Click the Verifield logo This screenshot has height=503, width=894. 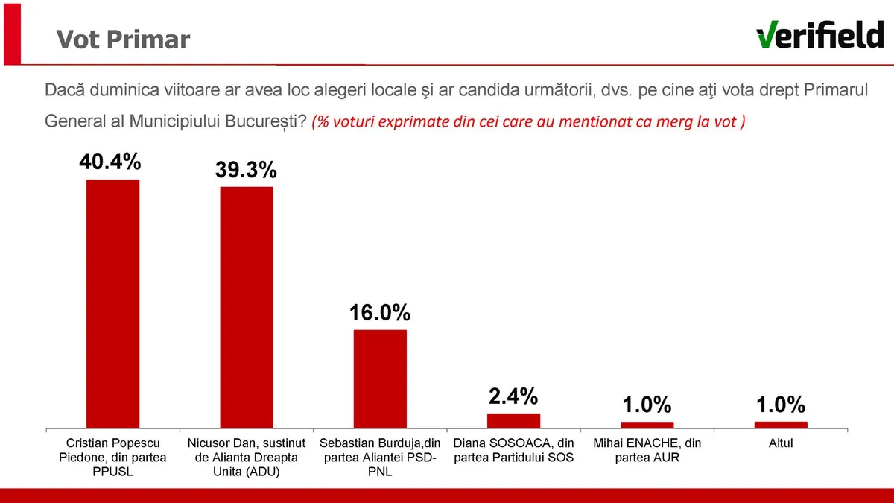click(819, 34)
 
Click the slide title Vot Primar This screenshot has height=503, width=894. click(124, 39)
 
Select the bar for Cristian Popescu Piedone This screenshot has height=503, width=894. click(112, 304)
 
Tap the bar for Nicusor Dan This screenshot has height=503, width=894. click(246, 307)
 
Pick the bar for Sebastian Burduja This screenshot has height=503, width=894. click(380, 379)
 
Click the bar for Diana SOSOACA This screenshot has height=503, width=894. click(513, 421)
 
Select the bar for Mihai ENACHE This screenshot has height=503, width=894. click(647, 425)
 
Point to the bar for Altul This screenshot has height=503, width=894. click(780, 425)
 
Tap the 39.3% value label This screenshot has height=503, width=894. click(246, 170)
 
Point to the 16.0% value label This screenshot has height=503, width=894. click(380, 313)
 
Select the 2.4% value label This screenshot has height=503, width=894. click(513, 396)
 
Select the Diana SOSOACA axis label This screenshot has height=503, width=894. click(513, 450)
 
